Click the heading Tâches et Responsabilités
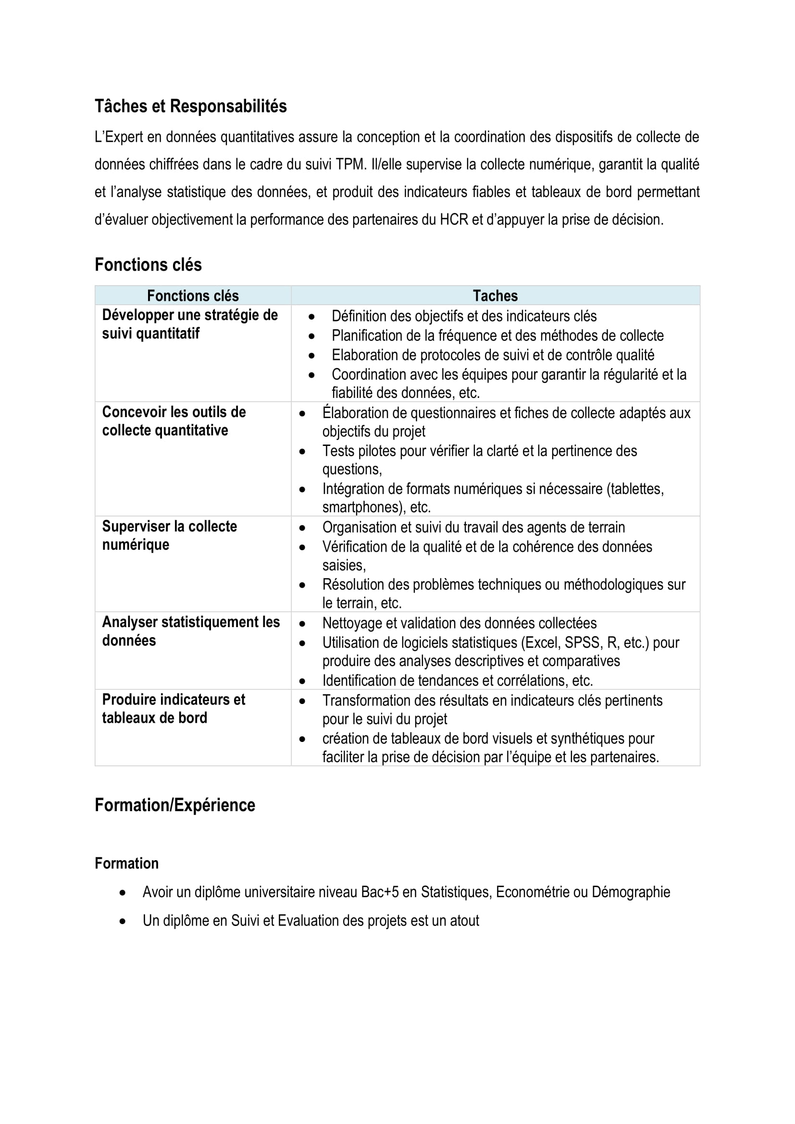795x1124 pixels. click(x=190, y=106)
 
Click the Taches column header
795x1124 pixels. click(x=495, y=296)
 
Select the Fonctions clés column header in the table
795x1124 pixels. click(x=193, y=296)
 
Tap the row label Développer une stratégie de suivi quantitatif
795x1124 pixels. click(x=189, y=324)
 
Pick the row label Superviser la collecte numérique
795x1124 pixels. click(x=169, y=535)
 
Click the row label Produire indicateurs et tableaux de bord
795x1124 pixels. click(x=174, y=708)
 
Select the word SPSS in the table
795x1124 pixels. click(x=582, y=643)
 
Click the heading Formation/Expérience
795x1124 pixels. click(x=175, y=805)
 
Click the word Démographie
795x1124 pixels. click(x=631, y=892)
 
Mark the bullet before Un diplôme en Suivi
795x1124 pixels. click(x=123, y=921)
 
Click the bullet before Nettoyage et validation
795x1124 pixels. click(x=302, y=624)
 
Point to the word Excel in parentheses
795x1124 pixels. click(x=541, y=643)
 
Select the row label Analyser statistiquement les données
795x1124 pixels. click(x=190, y=631)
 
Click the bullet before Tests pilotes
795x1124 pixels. click(x=302, y=451)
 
